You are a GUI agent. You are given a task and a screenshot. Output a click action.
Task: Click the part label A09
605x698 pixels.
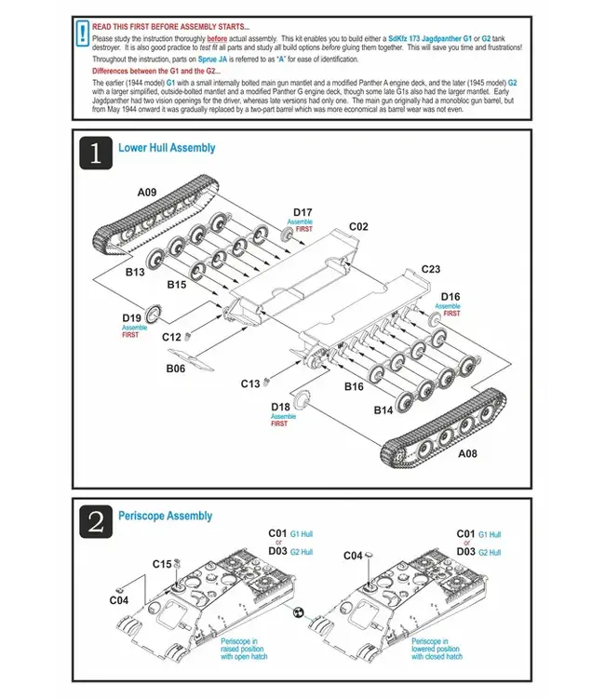(147, 193)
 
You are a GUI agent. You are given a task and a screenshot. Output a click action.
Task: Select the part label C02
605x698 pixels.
(359, 226)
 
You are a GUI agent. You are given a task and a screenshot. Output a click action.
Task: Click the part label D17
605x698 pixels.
(302, 212)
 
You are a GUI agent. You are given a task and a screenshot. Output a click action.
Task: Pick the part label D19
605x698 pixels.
(131, 317)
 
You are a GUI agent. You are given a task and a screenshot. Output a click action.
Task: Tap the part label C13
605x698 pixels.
(250, 383)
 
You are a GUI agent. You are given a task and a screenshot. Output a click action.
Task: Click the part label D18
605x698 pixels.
(280, 406)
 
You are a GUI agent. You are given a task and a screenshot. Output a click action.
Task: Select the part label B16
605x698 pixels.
(355, 386)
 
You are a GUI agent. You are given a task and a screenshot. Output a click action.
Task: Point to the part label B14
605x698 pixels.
(383, 409)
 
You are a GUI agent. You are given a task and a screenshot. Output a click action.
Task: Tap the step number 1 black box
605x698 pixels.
(96, 152)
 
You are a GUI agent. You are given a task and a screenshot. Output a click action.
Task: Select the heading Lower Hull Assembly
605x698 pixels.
(167, 148)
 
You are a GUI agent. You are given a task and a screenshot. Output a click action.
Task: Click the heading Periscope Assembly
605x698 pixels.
(165, 516)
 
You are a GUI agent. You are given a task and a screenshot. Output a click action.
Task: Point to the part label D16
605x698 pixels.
(450, 296)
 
